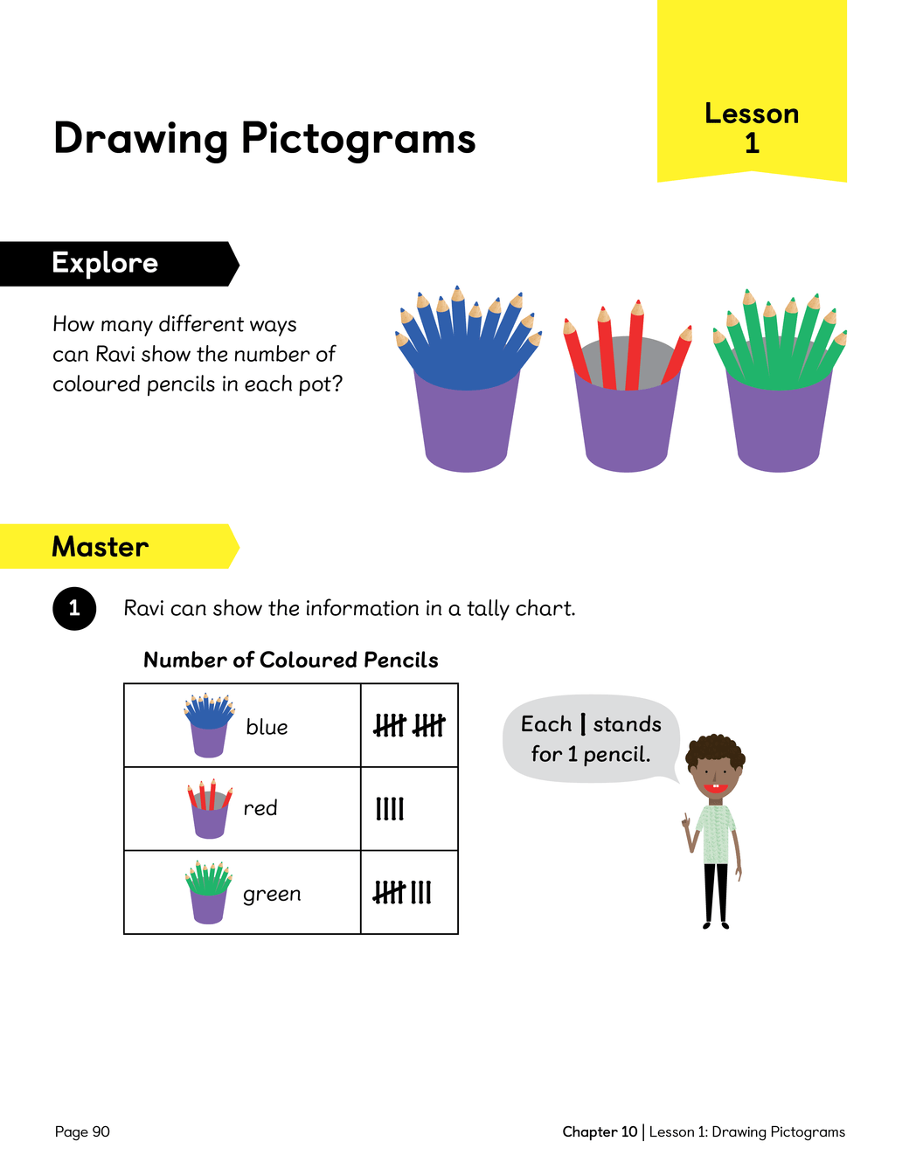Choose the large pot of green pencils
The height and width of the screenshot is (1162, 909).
pyautogui.click(x=779, y=393)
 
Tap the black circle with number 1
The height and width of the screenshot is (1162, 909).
pyautogui.click(x=74, y=608)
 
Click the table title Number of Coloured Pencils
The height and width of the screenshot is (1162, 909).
pyautogui.click(x=291, y=660)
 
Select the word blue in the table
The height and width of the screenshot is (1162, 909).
pyautogui.click(x=267, y=727)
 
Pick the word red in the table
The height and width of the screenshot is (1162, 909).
pyautogui.click(x=260, y=808)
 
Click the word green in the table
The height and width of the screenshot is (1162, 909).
pyautogui.click(x=272, y=894)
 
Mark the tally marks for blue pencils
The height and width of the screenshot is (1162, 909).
pyautogui.click(x=409, y=725)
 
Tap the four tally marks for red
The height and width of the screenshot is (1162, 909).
pyautogui.click(x=390, y=809)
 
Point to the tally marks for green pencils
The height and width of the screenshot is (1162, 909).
pyautogui.click(x=403, y=892)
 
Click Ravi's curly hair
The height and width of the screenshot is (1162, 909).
pyautogui.click(x=715, y=749)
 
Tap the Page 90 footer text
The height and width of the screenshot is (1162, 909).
pyautogui.click(x=82, y=1131)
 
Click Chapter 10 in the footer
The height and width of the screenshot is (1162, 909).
pyautogui.click(x=600, y=1131)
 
